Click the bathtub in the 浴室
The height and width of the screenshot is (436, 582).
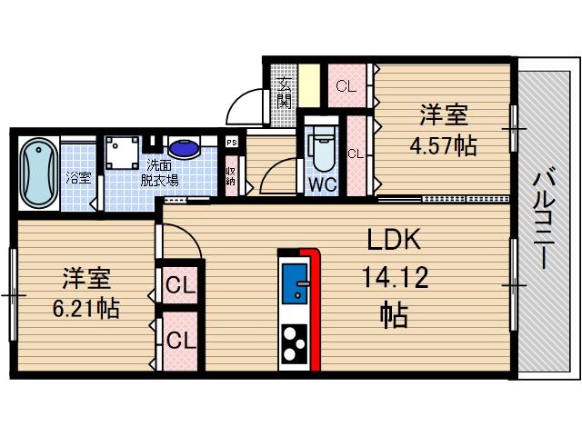(36, 173)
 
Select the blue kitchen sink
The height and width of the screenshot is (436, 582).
(295, 284)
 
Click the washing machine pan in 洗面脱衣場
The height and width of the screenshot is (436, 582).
(124, 153)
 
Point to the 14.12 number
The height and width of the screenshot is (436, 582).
(393, 277)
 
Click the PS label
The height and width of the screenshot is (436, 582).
(232, 143)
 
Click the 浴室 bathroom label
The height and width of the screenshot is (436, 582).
(77, 178)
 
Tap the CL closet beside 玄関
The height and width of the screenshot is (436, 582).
(346, 87)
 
